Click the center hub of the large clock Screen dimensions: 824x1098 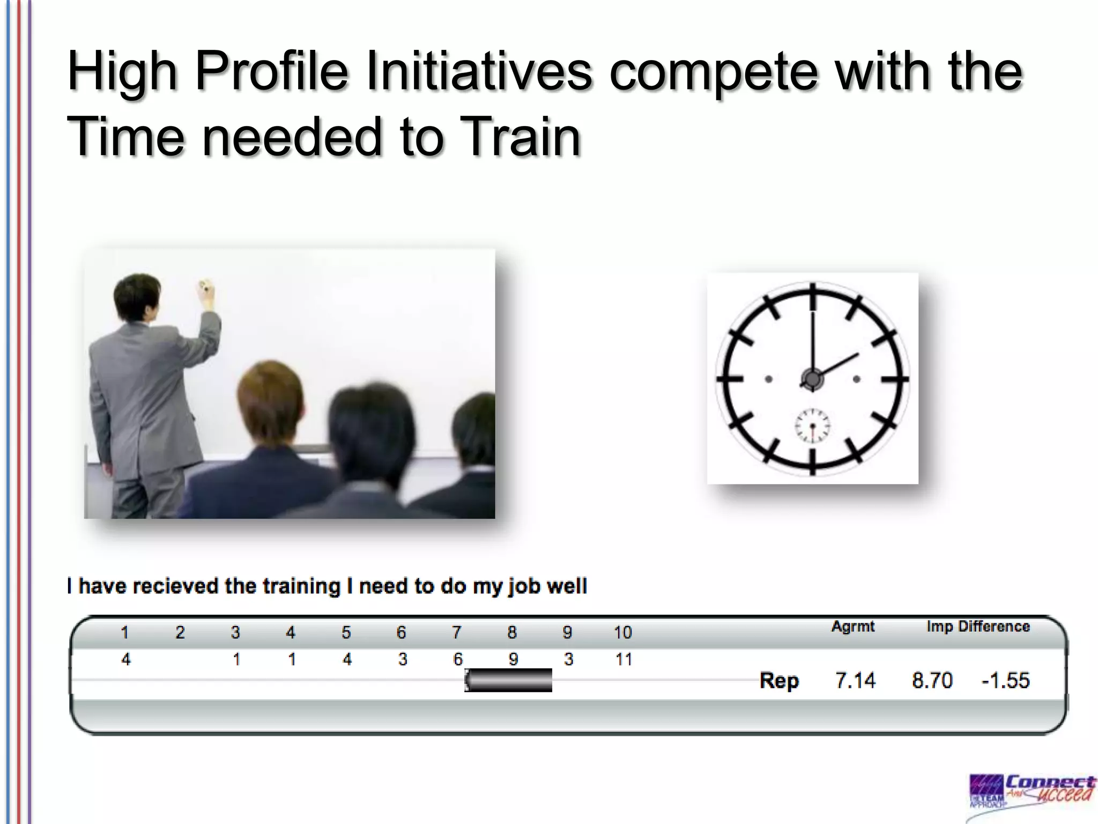812,379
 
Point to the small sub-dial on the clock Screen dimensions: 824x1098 812,426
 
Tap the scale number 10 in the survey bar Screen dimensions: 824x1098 622,632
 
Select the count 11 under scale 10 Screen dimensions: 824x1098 624,659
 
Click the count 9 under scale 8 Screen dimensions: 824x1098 513,659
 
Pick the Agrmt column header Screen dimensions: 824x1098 852,626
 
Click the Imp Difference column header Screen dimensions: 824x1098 978,626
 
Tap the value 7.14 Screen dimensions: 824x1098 855,680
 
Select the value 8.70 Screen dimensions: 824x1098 932,680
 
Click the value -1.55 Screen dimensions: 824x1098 1005,680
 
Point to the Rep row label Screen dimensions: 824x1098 779,680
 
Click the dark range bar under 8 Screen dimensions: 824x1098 508,680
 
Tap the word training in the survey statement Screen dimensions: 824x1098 301,586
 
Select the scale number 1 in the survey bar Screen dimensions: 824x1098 125,632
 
